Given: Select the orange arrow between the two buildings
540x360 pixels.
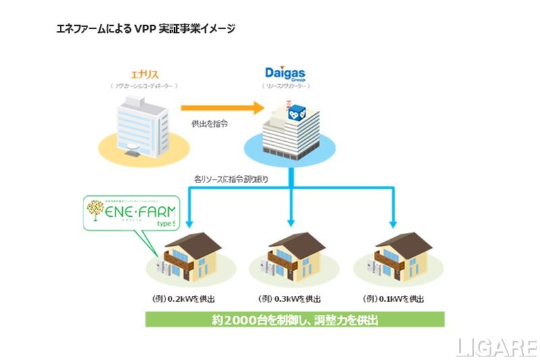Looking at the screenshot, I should (222, 107).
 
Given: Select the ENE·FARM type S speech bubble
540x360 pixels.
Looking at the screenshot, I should (126, 213).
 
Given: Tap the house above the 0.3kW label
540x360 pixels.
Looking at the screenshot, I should (291, 261).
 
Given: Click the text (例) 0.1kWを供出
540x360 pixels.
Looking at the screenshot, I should (393, 298).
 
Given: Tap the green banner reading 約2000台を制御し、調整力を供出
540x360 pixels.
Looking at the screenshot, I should (294, 319).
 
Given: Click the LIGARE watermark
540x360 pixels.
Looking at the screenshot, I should (495, 347).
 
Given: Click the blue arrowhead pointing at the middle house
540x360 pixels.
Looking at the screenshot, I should (291, 224).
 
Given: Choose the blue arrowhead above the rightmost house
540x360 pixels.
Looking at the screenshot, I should (394, 224).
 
